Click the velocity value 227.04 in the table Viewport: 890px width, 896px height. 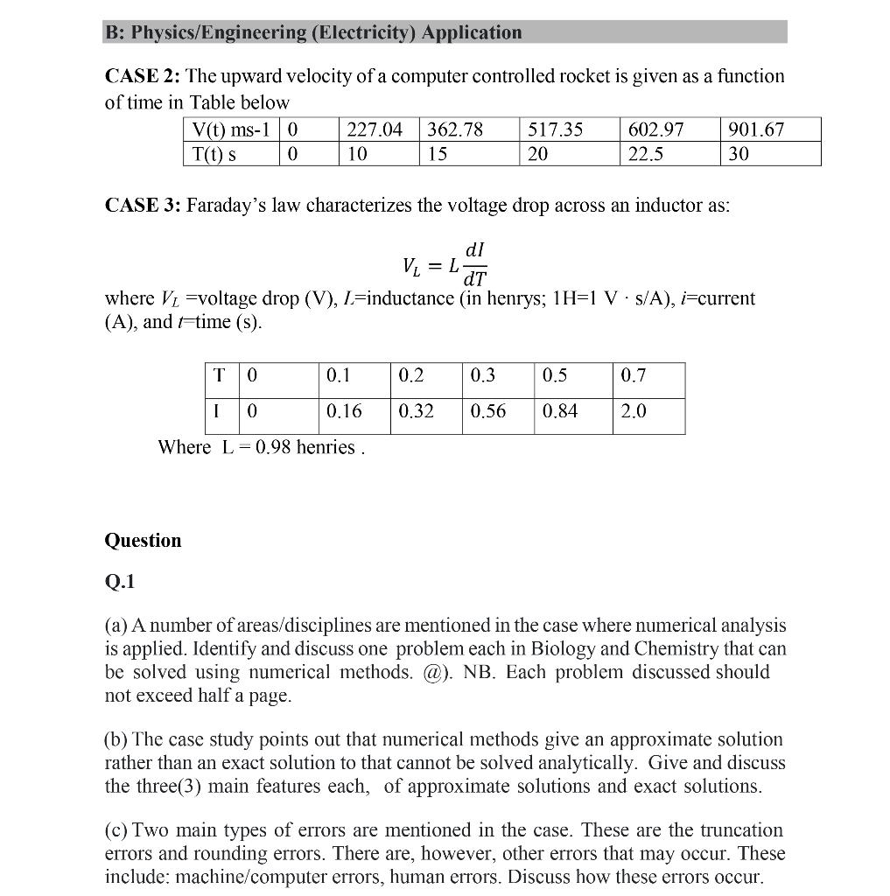[x=375, y=130]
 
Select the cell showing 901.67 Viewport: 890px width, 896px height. [x=756, y=130]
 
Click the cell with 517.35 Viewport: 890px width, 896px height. [x=556, y=130]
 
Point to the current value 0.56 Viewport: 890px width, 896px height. [x=488, y=411]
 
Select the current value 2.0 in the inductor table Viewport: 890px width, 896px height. [x=634, y=411]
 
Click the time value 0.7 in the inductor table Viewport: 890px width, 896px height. [x=634, y=375]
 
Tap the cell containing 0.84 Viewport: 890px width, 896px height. [x=560, y=411]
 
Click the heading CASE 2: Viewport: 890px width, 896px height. [x=138, y=77]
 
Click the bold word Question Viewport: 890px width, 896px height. [x=143, y=541]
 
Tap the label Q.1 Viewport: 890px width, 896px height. [x=119, y=582]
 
